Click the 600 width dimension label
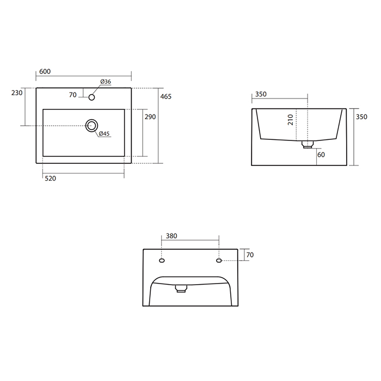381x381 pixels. [x=45, y=71]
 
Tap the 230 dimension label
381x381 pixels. [x=17, y=93]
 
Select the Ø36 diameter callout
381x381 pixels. [x=106, y=82]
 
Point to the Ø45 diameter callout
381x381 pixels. [x=105, y=133]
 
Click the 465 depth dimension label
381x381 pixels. [x=166, y=97]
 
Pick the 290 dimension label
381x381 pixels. [x=150, y=117]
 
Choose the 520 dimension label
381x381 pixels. [x=50, y=179]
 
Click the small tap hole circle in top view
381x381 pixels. [x=91, y=97]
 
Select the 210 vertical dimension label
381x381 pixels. [x=290, y=120]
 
